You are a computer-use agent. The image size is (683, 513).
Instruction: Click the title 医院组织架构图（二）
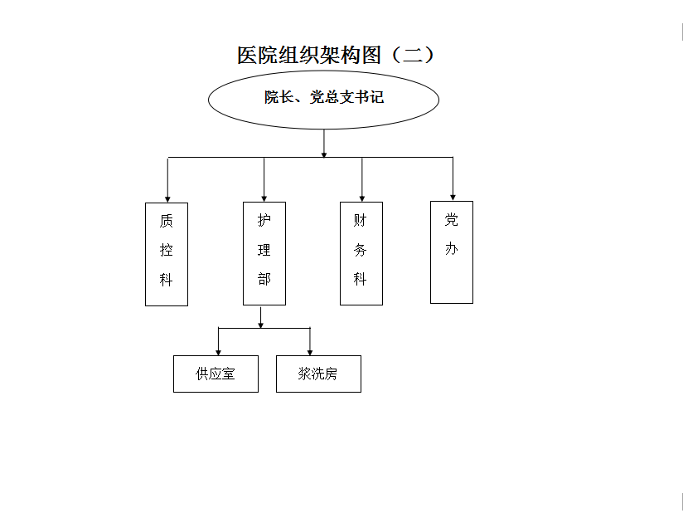pyautogui.click(x=336, y=55)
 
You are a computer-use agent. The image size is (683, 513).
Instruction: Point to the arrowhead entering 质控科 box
pyautogui.click(x=167, y=199)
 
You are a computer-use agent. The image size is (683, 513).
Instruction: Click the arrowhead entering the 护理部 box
pyautogui.click(x=264, y=198)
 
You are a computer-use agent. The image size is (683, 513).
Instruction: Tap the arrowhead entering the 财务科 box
pyautogui.click(x=362, y=198)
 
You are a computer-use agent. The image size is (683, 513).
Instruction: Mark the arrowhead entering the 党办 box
pyautogui.click(x=453, y=198)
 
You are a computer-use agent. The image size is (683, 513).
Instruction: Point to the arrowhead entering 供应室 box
pyautogui.click(x=218, y=353)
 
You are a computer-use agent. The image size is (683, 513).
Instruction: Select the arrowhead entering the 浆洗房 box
pyautogui.click(x=310, y=353)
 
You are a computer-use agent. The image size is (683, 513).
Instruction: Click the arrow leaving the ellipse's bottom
pyautogui.click(x=323, y=144)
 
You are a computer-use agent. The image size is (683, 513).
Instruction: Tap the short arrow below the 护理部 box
pyautogui.click(x=261, y=317)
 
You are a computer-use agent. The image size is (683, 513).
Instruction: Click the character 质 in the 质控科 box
pyautogui.click(x=167, y=221)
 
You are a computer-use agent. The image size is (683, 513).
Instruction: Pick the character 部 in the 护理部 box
pyautogui.click(x=264, y=279)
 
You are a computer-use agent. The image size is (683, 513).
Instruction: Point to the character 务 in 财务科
pyautogui.click(x=361, y=250)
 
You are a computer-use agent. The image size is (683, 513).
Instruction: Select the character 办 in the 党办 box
pyautogui.click(x=451, y=249)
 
